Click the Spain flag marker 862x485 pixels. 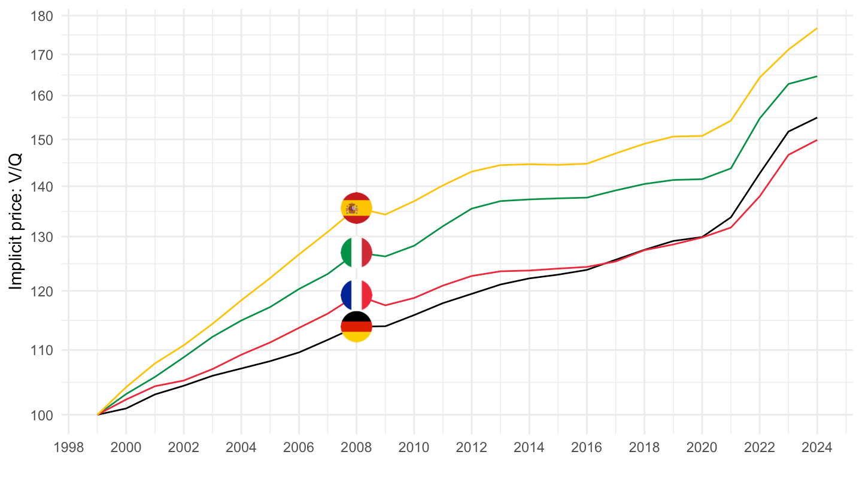pos(356,208)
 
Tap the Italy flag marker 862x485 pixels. pos(356,253)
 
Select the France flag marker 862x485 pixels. pos(356,295)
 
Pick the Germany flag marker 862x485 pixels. pos(356,326)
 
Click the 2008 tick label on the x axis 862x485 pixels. pos(356,448)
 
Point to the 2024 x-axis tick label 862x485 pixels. pos(817,448)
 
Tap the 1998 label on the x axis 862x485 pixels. pos(68,448)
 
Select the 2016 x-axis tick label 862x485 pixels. pos(587,448)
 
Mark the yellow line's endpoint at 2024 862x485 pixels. pos(817,28)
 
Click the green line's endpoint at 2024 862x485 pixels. pos(817,76)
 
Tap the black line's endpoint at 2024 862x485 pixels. pos(817,118)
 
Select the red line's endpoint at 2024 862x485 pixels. pos(817,140)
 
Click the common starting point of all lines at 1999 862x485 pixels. pos(98,414)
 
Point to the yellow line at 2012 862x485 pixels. pos(472,172)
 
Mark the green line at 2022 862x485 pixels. pos(759,118)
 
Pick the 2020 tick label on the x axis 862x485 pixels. pos(702,448)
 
